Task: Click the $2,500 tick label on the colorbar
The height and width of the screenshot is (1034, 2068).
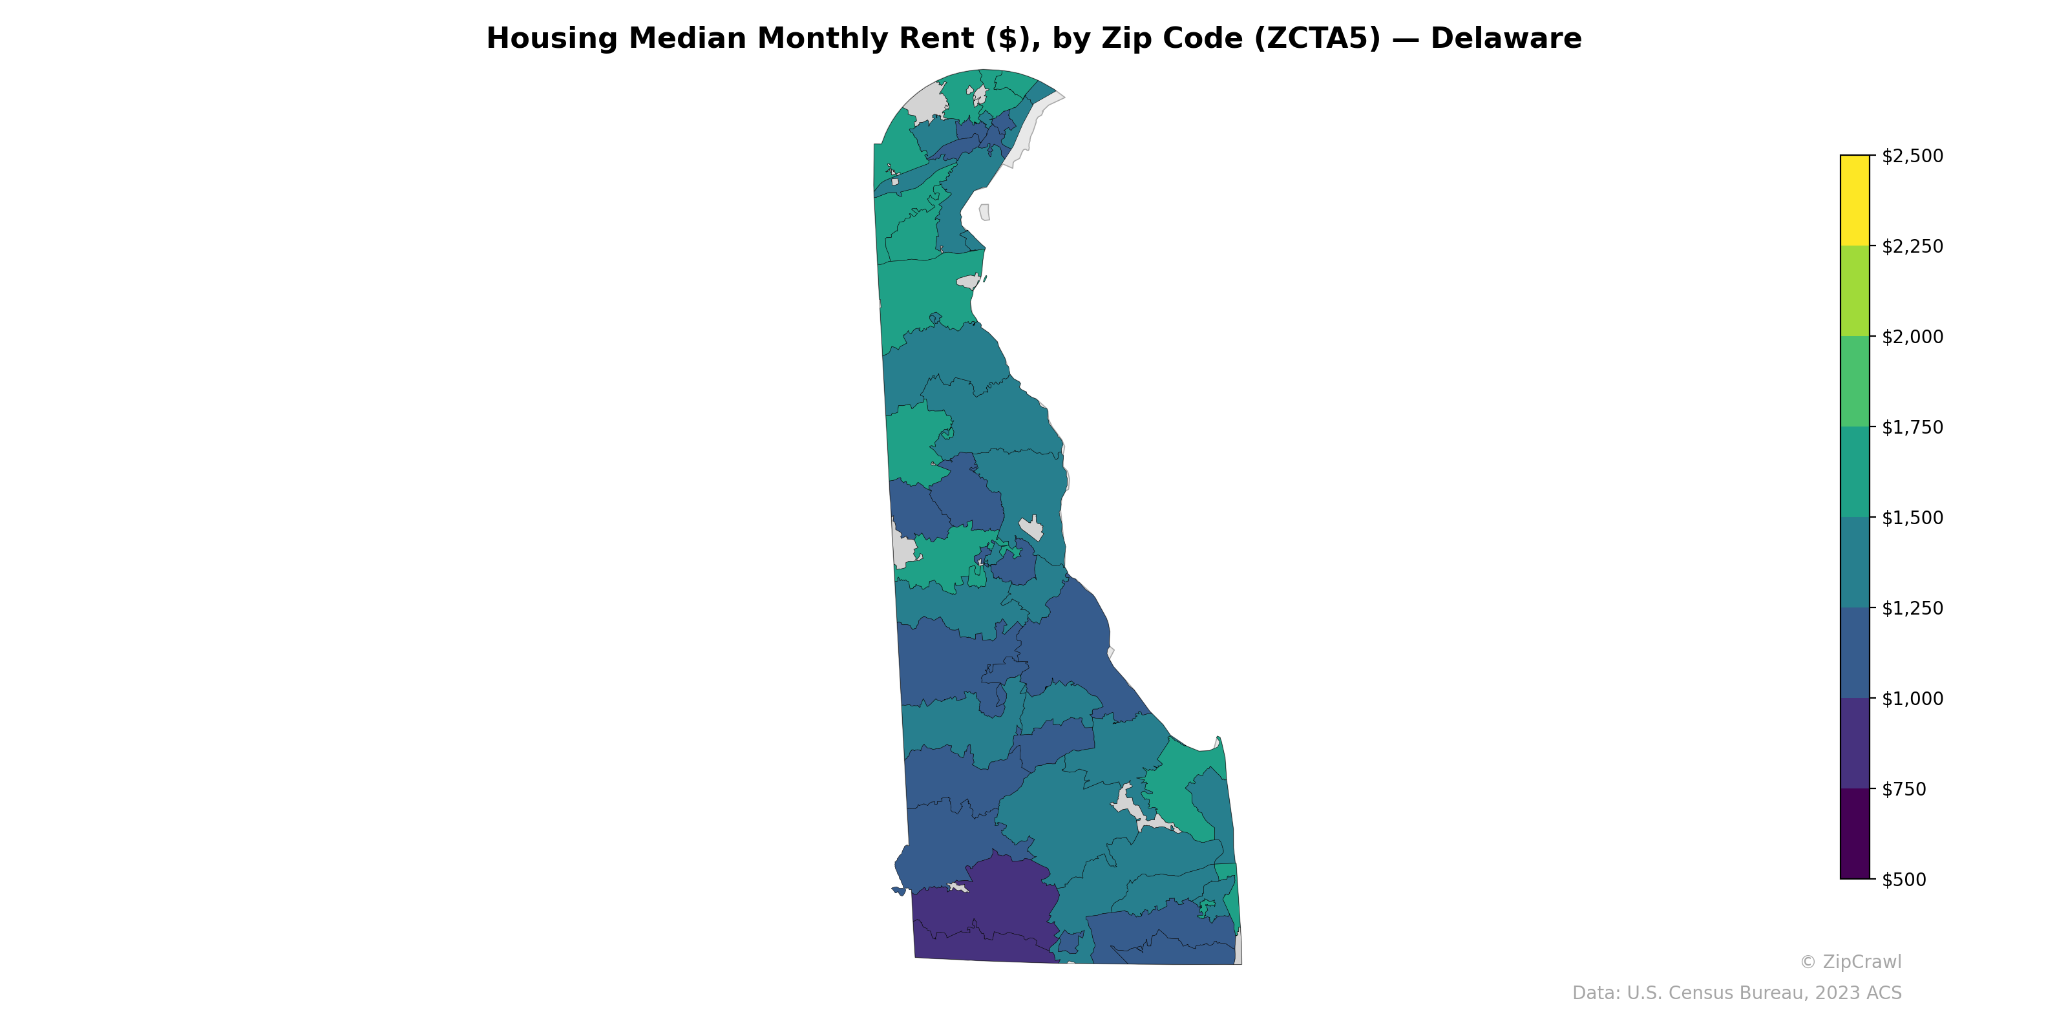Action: [x=1912, y=156]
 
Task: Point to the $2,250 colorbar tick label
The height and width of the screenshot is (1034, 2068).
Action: [x=1912, y=246]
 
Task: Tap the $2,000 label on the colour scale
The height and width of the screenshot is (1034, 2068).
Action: [x=1912, y=337]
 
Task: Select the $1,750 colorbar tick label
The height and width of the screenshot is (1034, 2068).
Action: [x=1912, y=427]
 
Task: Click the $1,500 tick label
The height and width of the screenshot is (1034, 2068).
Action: [x=1912, y=518]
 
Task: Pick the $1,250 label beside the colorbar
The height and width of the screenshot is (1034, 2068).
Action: [x=1912, y=609]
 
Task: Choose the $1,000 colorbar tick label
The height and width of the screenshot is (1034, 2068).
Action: [x=1912, y=699]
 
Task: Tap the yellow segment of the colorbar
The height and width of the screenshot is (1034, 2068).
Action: [x=1855, y=201]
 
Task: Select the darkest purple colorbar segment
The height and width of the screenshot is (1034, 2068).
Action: [x=1855, y=834]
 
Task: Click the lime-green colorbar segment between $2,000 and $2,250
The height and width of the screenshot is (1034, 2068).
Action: [x=1855, y=291]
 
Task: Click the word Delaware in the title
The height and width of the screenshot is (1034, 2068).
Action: [x=1505, y=39]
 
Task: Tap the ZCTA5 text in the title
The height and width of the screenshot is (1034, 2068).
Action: [x=1294, y=39]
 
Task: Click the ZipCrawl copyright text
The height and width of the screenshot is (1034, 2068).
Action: [x=1850, y=962]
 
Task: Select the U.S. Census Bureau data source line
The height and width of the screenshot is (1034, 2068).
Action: [x=1736, y=993]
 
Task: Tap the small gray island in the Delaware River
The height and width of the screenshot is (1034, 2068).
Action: [x=984, y=212]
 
